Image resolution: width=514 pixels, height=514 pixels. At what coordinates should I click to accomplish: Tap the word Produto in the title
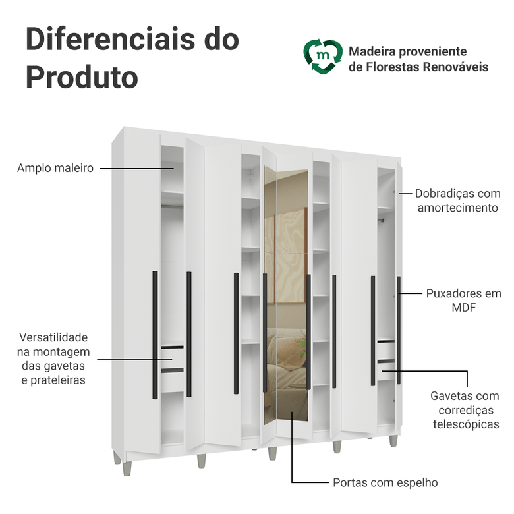click(82, 76)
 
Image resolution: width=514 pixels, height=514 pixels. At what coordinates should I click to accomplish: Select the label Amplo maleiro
click(55, 168)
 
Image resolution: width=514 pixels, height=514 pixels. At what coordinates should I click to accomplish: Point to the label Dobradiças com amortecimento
click(457, 200)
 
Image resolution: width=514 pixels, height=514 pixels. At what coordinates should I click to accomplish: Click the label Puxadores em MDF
click(463, 300)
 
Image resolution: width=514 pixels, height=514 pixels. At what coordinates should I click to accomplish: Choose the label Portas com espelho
click(385, 482)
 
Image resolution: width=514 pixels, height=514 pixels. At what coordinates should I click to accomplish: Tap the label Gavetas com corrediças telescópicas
click(465, 410)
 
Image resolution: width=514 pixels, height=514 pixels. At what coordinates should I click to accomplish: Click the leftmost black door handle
click(155, 335)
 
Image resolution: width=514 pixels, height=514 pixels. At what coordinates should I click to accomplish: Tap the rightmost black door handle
click(399, 329)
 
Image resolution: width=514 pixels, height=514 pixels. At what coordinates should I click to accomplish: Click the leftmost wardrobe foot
click(117, 457)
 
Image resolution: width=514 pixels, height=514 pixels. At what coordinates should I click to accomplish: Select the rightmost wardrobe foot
click(393, 440)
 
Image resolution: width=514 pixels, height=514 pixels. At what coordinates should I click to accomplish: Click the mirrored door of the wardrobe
click(286, 297)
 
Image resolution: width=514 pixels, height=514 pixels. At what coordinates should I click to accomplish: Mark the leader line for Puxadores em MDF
click(412, 293)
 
